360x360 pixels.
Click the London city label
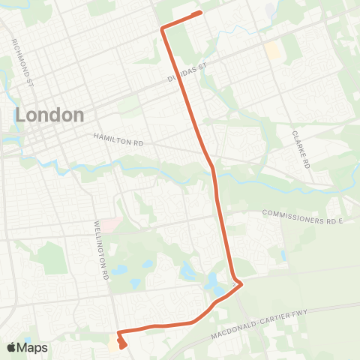point(49,115)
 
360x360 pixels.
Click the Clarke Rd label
point(300,148)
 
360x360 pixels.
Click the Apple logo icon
point(12,347)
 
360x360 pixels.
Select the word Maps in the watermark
point(32,347)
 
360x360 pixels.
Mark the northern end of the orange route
point(200,13)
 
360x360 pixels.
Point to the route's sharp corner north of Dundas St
point(162,28)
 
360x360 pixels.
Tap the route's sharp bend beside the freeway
point(240,286)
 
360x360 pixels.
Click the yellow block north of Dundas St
point(272,50)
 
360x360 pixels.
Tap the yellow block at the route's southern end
point(115,343)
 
